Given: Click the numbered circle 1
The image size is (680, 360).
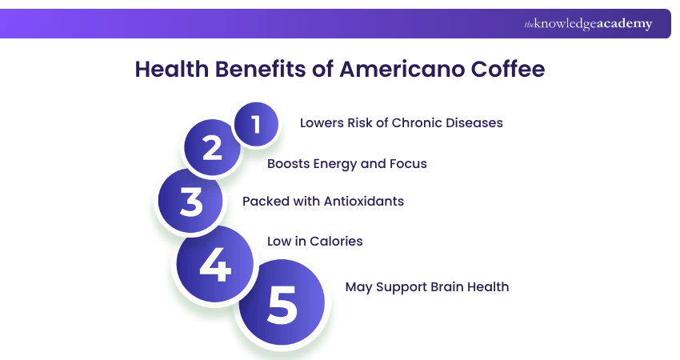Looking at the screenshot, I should click(256, 124).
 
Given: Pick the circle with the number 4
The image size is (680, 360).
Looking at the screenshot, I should click(214, 263).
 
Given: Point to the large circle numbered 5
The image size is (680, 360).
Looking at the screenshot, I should click(282, 304).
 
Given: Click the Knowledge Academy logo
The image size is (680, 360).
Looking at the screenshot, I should click(588, 24).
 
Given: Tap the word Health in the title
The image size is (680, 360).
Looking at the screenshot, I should click(167, 70).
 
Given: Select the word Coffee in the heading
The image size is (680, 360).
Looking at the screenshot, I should click(506, 70).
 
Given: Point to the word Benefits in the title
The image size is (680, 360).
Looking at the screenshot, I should click(259, 70).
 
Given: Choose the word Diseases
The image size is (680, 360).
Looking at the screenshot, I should click(474, 123).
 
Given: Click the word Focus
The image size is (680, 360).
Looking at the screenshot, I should click(408, 164).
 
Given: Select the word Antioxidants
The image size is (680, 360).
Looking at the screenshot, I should click(364, 202).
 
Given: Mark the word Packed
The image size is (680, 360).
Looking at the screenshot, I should click(265, 202).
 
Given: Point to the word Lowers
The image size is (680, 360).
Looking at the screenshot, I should click(322, 123).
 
